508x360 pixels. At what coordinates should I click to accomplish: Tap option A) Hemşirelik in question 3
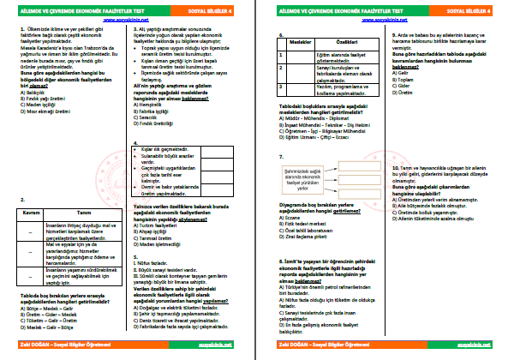point(149,105)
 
